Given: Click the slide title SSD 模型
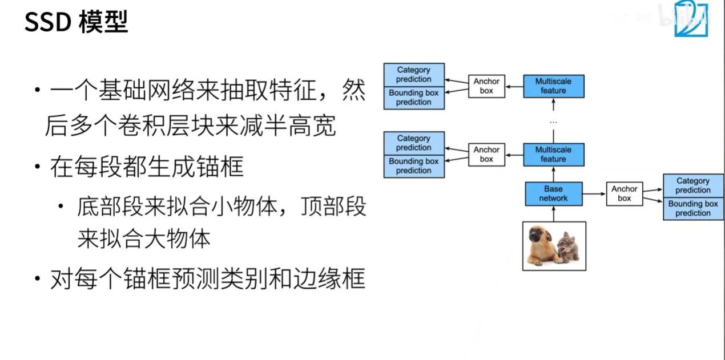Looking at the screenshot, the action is click(76, 22).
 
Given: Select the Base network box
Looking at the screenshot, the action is click(554, 194).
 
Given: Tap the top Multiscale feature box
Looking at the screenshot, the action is click(554, 86).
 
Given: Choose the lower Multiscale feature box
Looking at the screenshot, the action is click(554, 155).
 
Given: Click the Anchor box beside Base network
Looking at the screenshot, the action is click(625, 194).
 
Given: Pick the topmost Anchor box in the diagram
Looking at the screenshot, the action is click(486, 86).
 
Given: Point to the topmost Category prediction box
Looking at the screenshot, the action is click(414, 75).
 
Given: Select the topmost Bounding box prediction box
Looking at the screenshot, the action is click(414, 98).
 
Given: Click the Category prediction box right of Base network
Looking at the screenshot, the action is click(693, 185).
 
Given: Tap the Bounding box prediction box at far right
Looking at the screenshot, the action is click(693, 209).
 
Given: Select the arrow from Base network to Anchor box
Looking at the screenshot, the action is click(594, 194).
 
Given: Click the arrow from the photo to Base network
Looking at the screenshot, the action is click(554, 214).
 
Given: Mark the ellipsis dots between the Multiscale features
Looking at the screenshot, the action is click(554, 122).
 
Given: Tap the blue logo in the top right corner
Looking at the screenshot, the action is click(691, 18).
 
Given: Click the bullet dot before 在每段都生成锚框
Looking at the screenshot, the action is click(38, 167).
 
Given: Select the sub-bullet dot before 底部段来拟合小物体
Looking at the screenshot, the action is click(61, 206).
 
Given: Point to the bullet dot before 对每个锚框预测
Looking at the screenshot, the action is click(38, 278).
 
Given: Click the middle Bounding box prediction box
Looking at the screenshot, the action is click(414, 166).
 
